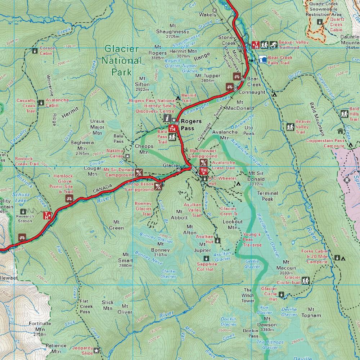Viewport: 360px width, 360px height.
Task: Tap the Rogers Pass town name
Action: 191,125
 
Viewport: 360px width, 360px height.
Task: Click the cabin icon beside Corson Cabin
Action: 35,51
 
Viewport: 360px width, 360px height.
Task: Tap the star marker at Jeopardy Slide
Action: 96,350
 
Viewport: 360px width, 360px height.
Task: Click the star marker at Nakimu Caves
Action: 127,156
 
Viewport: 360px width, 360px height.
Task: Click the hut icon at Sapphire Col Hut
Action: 206,258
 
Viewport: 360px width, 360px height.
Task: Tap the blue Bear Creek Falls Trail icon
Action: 263,60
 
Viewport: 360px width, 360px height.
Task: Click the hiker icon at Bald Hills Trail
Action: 344,114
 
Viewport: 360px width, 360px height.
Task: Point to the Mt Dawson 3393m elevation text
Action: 267,329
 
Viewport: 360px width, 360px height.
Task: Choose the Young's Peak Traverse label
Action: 252,240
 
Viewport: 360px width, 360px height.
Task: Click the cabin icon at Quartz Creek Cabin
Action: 319,22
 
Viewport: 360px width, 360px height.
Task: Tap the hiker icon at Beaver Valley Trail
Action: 290,127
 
